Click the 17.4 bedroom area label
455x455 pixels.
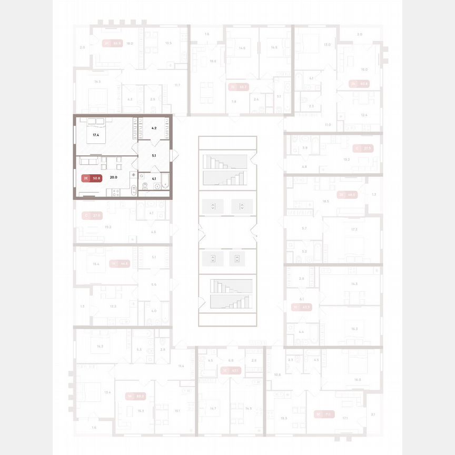(95, 135)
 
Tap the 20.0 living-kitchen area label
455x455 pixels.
(113, 177)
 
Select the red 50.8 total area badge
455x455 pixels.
(95, 177)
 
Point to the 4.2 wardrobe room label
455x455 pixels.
(154, 127)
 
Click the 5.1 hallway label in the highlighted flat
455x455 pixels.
(154, 155)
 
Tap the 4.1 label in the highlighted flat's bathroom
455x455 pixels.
(154, 178)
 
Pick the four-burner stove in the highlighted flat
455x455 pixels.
(116, 193)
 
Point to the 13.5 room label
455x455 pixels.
(169, 43)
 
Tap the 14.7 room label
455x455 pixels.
(213, 408)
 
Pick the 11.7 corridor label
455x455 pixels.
(177, 85)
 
